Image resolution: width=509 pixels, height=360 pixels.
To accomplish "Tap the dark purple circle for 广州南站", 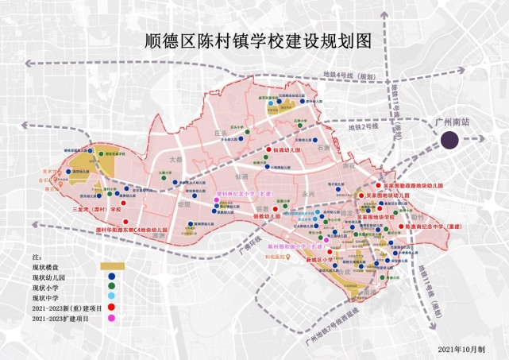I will click(x=450, y=141).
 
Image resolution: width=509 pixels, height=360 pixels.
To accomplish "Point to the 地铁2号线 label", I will click(x=364, y=127).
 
